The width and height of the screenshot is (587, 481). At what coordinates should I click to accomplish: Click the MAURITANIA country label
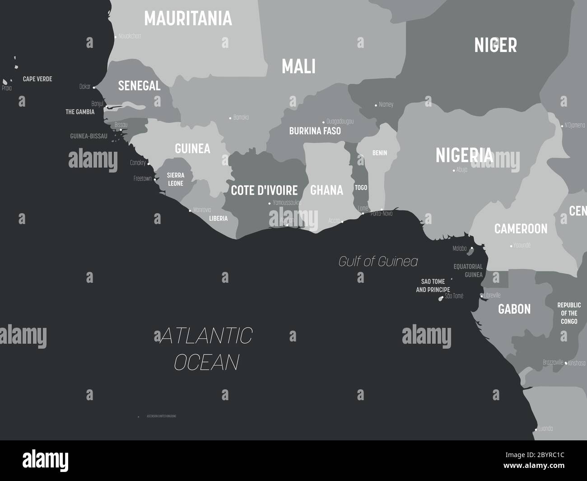[x=188, y=19]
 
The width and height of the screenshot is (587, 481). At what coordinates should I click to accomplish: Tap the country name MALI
[x=298, y=66]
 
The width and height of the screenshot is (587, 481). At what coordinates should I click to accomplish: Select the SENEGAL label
[x=139, y=85]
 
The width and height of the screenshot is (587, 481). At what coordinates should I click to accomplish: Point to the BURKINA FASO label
[x=315, y=131]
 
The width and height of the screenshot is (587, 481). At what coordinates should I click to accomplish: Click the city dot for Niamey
[x=376, y=105]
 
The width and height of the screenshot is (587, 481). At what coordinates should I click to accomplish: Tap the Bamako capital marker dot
[x=230, y=118]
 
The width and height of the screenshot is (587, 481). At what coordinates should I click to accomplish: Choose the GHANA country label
[x=326, y=190]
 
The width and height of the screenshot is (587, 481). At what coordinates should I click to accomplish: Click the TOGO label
[x=361, y=187]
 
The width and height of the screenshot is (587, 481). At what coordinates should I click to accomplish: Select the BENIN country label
[x=379, y=153]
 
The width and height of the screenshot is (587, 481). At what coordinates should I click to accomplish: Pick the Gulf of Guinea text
[x=378, y=262]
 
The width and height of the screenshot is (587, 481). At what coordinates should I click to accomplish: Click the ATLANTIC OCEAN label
[x=206, y=349]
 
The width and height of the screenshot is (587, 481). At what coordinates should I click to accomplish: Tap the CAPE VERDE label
[x=37, y=79]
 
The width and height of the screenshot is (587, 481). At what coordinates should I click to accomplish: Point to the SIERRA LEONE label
[x=175, y=179]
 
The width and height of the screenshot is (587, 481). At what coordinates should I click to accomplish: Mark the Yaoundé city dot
[x=511, y=246]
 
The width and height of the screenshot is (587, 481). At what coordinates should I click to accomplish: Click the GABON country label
[x=514, y=309]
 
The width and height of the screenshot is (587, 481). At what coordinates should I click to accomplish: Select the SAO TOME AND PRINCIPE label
[x=433, y=285]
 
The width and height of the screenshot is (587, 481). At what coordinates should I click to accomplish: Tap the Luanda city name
[x=545, y=429]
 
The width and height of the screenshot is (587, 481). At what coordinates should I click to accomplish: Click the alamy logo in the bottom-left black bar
[x=46, y=460]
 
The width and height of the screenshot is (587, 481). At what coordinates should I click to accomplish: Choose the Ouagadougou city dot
[x=323, y=122]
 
